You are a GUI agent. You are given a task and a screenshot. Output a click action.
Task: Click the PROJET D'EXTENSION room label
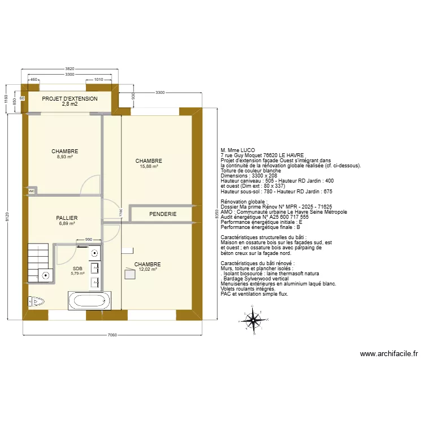(70, 98)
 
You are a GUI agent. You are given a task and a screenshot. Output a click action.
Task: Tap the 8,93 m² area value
(64, 157)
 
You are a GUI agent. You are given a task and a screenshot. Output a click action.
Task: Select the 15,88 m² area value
(149, 167)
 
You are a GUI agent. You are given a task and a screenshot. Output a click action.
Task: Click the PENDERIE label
(163, 214)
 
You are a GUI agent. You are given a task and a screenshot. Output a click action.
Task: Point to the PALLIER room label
(67, 218)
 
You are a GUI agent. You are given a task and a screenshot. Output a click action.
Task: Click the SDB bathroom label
(77, 269)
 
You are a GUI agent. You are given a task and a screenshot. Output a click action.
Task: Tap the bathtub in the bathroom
(90, 300)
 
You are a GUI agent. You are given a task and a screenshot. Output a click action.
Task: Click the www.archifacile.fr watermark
(389, 354)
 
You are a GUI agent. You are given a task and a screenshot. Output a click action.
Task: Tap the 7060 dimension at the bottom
(112, 335)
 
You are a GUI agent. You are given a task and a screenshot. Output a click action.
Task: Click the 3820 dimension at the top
(70, 68)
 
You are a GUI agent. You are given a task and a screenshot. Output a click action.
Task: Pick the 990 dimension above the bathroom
(88, 240)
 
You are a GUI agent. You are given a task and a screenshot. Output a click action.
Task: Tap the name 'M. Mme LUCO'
(238, 150)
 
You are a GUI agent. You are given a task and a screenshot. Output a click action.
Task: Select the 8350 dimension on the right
(216, 215)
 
